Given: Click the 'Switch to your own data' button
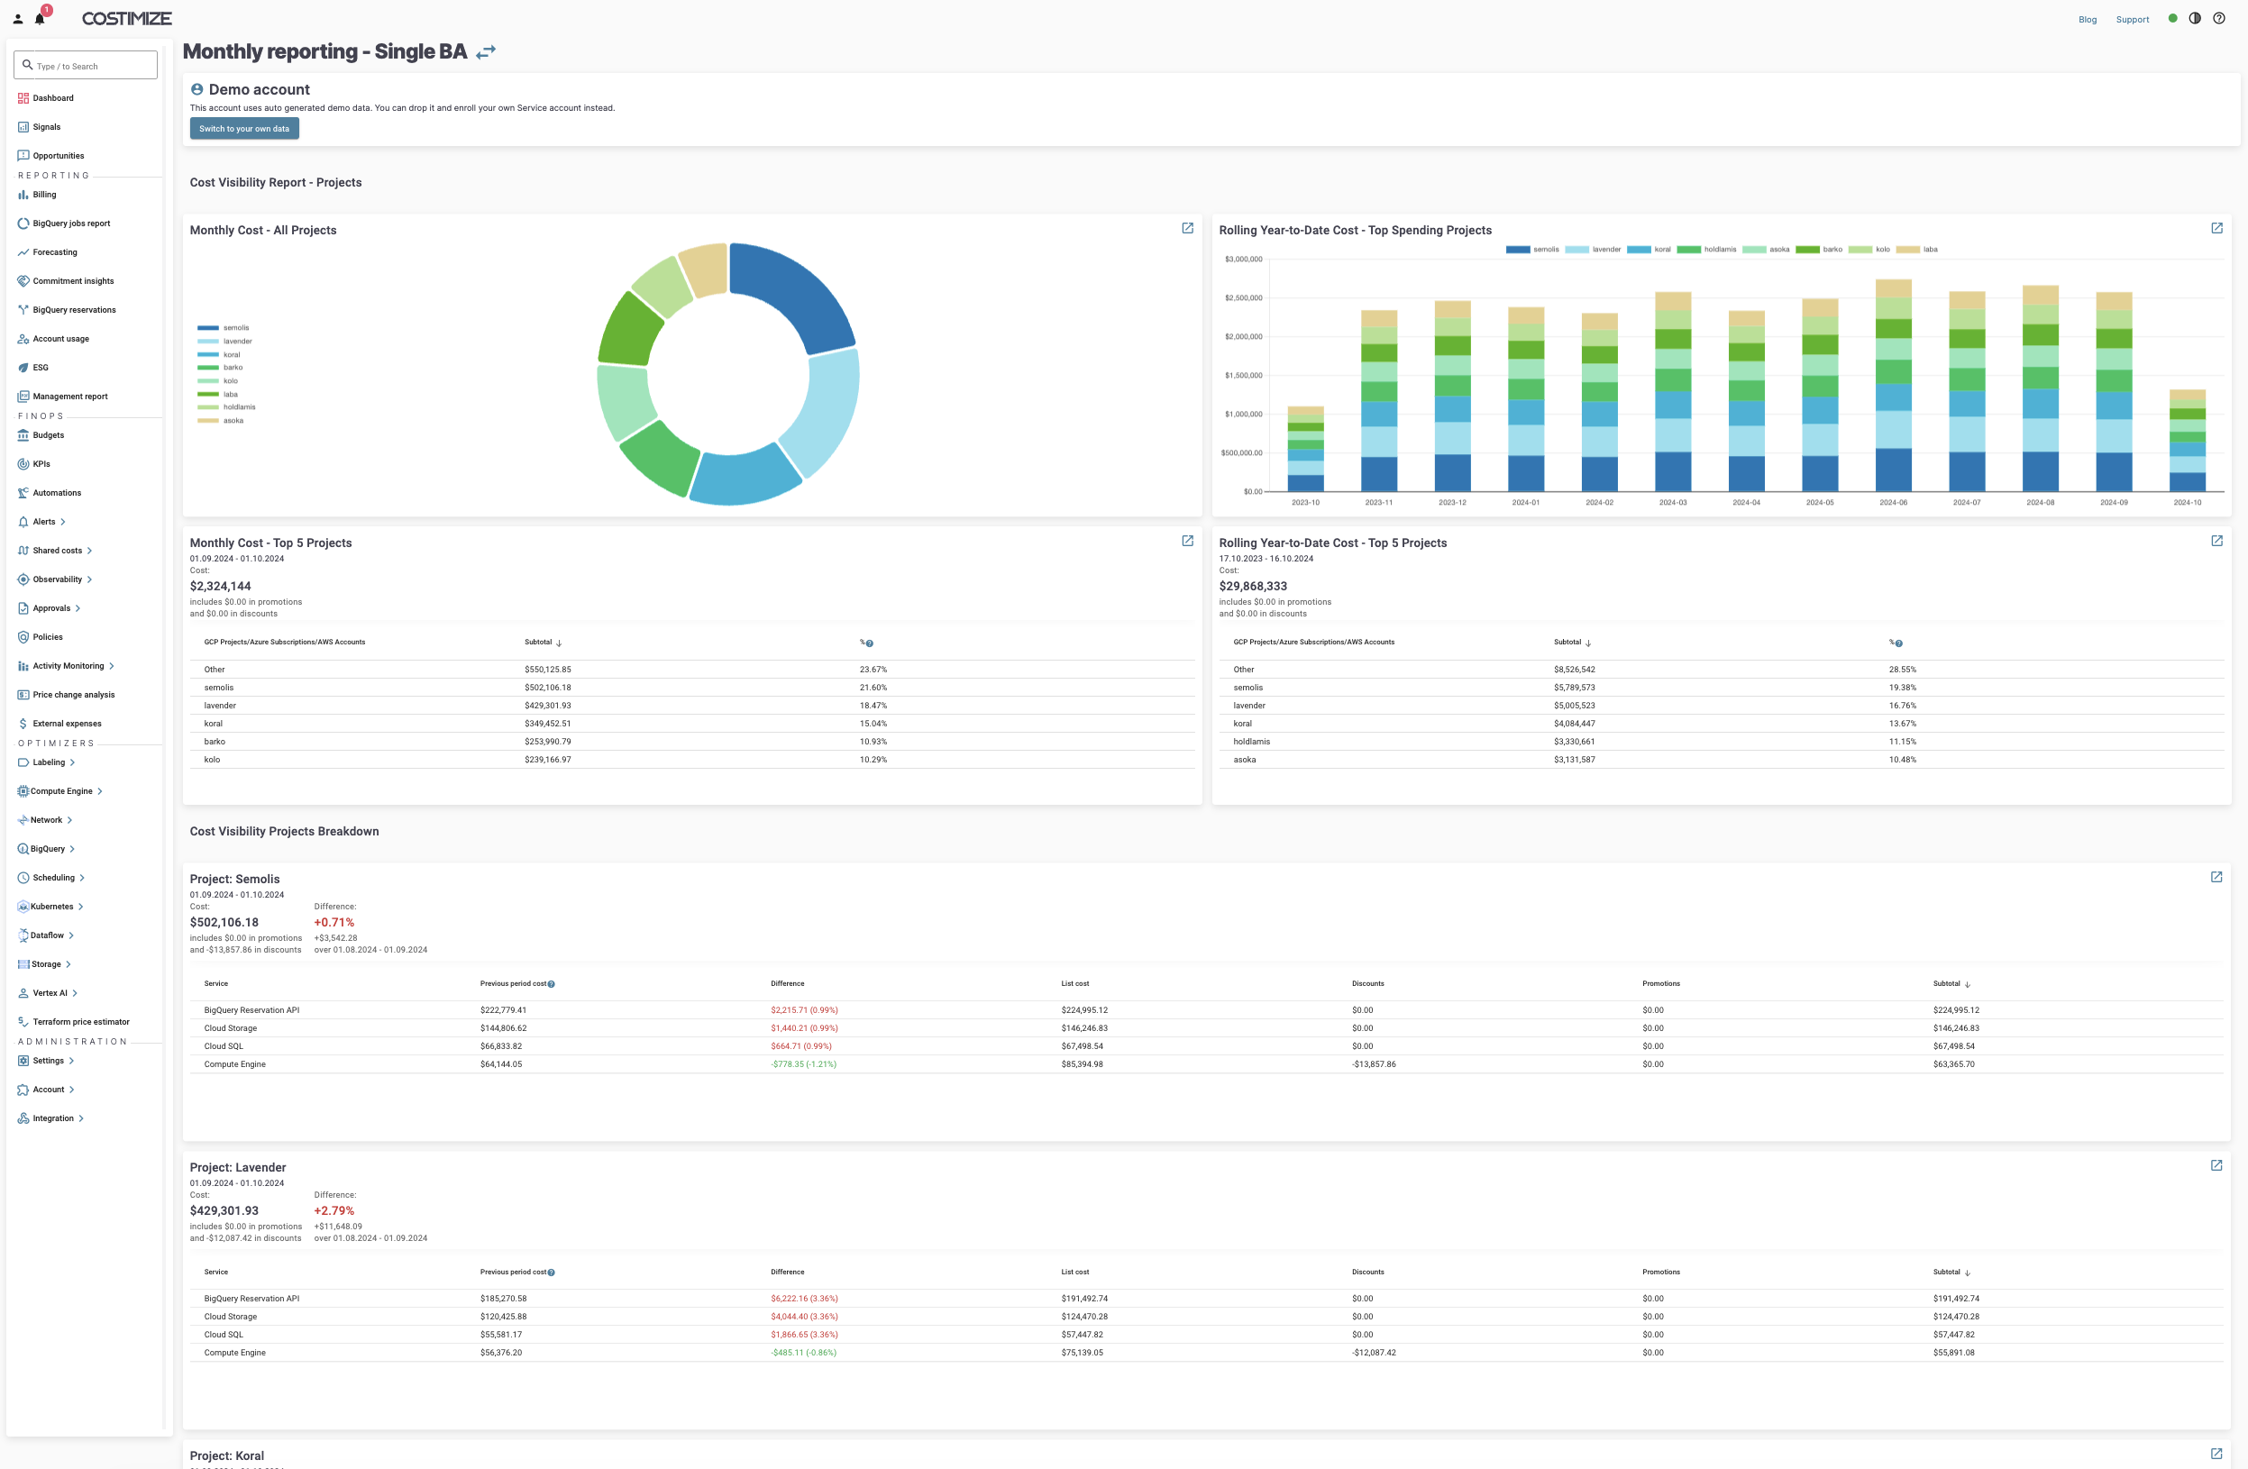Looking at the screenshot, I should point(243,129).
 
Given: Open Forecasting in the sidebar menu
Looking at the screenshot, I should point(55,252).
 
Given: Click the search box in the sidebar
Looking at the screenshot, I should point(86,65).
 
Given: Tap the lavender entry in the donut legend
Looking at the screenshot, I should point(237,341).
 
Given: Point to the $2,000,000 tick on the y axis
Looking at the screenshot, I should point(1243,336).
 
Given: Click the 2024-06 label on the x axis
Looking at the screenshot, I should point(1893,503).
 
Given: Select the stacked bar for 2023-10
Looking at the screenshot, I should point(1305,450).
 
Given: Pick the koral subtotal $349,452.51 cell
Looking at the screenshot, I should point(547,724).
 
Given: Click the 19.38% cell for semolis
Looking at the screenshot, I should point(1902,688).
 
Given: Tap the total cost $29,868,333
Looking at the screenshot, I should point(1253,586).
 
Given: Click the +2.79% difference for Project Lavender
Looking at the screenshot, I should point(334,1210).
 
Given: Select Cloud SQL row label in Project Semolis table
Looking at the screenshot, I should point(223,1045).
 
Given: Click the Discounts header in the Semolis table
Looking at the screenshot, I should point(1366,983).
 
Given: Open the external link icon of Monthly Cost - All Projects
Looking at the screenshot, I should point(1187,229).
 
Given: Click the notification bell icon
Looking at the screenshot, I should point(40,18).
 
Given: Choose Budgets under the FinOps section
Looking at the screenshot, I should point(48,435).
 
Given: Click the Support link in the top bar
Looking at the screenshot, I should point(2132,19).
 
